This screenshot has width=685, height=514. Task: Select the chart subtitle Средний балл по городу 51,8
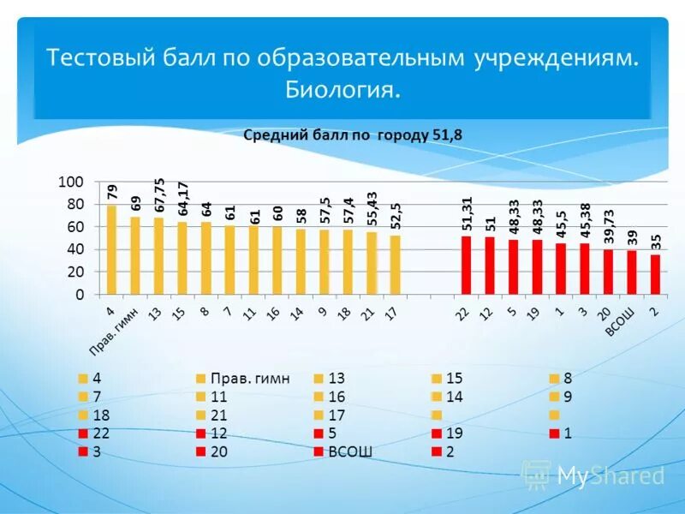[x=353, y=134]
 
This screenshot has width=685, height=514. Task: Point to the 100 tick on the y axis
[x=70, y=182]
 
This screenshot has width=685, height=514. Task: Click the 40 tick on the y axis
[x=74, y=249]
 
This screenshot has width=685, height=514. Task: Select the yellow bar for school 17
[x=395, y=265]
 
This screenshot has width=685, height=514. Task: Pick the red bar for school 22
[x=466, y=266]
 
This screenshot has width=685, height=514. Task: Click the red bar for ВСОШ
[x=631, y=272]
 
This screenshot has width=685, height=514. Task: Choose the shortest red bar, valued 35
[x=655, y=274]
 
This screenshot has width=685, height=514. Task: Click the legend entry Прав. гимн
[x=249, y=378]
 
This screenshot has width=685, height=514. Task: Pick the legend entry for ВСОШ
[x=350, y=451]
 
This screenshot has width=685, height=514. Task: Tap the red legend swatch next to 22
[x=83, y=433]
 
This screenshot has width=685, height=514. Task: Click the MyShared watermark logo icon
[x=537, y=474]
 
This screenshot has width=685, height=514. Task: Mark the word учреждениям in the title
[x=554, y=58]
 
